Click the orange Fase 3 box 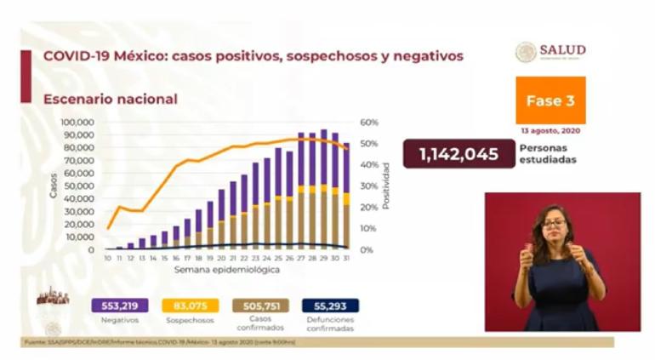[550, 100]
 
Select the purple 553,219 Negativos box [119, 306]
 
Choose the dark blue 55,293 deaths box [330, 306]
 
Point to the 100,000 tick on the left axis [77, 123]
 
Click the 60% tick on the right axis [367, 123]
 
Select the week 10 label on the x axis [108, 257]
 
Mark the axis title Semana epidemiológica [226, 269]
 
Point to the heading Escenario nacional [111, 100]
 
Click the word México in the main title [140, 56]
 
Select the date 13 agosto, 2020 [550, 132]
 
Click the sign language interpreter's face [554, 225]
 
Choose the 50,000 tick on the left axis [79, 186]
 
